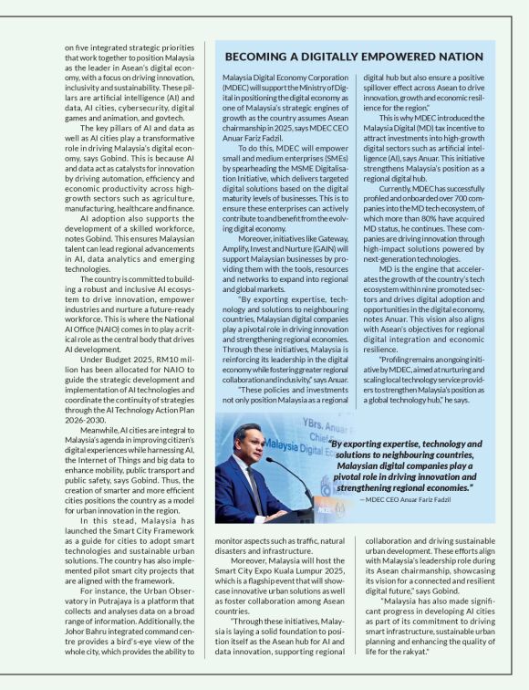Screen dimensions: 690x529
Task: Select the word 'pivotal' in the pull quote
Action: click(357, 476)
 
